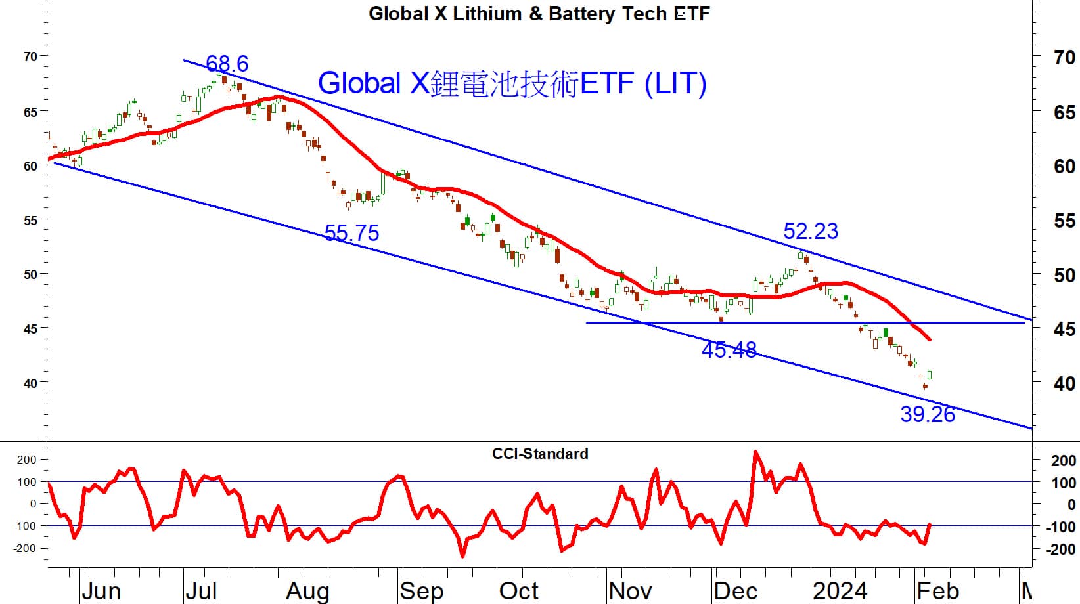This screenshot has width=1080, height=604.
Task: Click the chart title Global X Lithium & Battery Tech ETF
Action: point(539,14)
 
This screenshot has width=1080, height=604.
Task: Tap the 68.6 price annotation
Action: point(227,64)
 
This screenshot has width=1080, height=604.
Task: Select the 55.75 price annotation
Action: point(351,233)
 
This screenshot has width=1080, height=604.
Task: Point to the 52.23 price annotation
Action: point(811,231)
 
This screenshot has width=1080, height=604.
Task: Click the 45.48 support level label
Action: point(729,350)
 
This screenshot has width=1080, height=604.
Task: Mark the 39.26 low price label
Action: point(927,414)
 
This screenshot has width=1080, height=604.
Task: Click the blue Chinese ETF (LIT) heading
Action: point(512,83)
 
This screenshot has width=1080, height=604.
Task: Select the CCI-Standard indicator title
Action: point(540,454)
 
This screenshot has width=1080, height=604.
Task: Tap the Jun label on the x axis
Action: point(101,591)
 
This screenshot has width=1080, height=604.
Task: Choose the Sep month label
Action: point(421,591)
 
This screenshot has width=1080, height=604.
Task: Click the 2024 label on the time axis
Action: point(840,591)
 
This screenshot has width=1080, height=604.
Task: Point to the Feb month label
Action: point(937,591)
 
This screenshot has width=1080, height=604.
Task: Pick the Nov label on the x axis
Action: point(630,591)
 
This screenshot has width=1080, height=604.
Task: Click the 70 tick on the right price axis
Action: point(1064,58)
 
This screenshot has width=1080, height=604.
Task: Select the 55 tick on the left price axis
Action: point(30,220)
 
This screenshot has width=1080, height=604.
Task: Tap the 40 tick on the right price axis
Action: point(1064,383)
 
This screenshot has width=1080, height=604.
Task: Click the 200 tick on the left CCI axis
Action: point(27,460)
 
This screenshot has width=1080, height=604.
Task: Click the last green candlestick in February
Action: point(930,376)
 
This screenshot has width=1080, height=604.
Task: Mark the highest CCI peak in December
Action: point(755,452)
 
